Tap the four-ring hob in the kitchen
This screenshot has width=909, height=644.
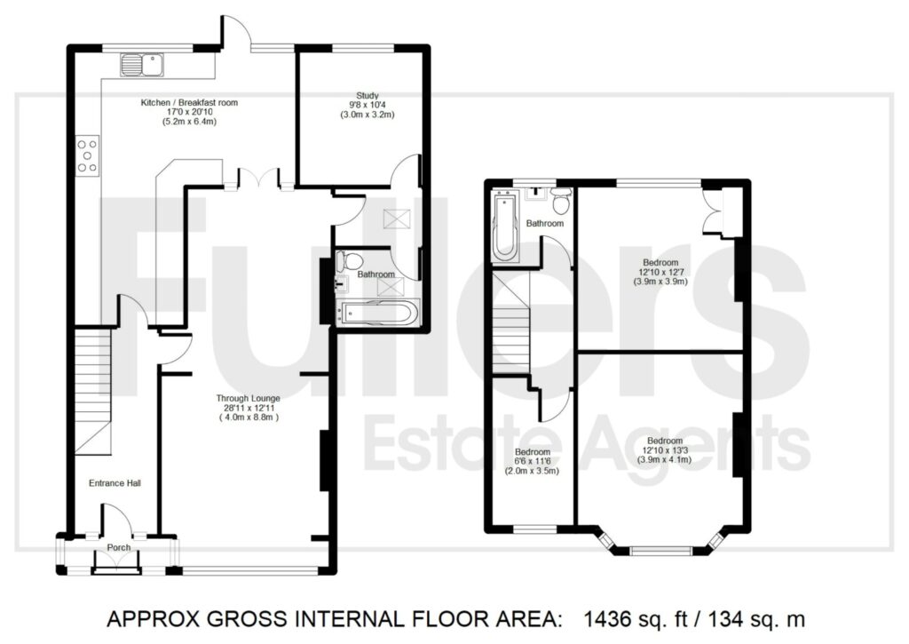[88, 155]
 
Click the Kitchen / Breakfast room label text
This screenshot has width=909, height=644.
[189, 102]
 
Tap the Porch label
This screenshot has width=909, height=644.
[118, 548]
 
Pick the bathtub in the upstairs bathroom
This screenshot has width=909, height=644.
[504, 228]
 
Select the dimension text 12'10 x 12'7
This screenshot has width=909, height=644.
[660, 272]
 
